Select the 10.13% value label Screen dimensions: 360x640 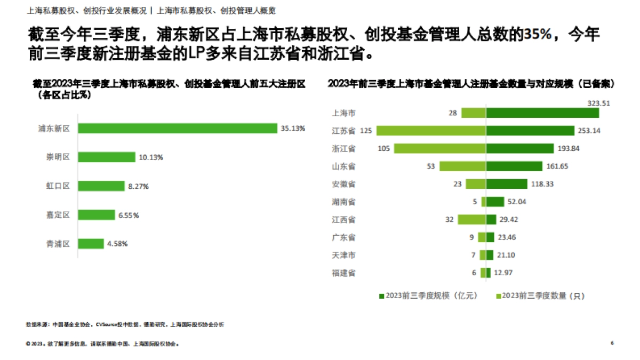pos(150,157)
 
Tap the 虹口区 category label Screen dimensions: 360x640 pos(58,186)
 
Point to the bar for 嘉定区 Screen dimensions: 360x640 pos(97,215)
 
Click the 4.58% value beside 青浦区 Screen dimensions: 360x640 pos(117,244)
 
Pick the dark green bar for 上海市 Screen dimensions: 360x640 pos(542,113)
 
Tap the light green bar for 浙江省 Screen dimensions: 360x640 pos(440,148)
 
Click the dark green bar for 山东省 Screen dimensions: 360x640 pos(514,166)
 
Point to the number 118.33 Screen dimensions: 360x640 pos(557,184)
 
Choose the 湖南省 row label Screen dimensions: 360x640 pos(343,202)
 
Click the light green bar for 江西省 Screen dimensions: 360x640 pos(471,219)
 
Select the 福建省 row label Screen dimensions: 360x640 pos(343,273)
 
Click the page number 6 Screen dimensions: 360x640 pos(612,343)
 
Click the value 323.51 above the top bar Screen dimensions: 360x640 pos(598,103)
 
